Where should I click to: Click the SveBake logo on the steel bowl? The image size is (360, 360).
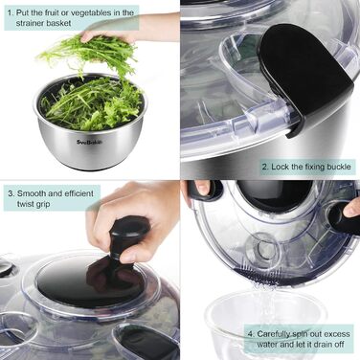tap(90, 143)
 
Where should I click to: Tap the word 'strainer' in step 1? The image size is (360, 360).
tap(30, 23)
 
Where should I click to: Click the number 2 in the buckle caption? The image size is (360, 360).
tap(264, 167)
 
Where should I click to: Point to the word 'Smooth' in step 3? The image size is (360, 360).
tap(32, 193)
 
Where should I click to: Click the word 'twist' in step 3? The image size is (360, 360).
tap(27, 204)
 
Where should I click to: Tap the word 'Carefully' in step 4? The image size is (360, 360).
tap(274, 334)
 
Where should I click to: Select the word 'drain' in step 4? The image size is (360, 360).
tap(313, 345)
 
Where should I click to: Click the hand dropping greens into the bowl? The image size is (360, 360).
tap(127, 31)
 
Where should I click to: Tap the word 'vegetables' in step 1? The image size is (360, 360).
tap(89, 13)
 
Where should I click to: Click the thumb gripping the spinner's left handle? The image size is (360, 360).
tap(202, 188)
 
